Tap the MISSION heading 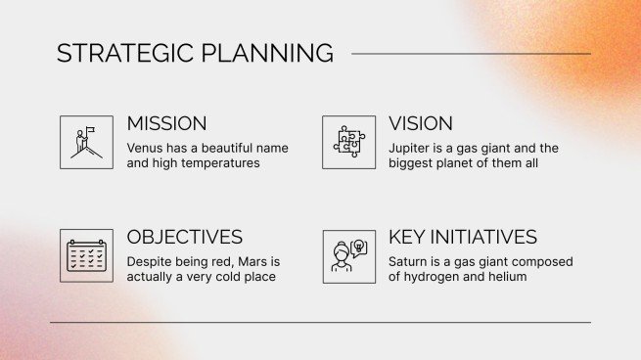pyautogui.click(x=166, y=124)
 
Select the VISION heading pyautogui.click(x=421, y=124)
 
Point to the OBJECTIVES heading pyautogui.click(x=185, y=238)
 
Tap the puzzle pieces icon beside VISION pyautogui.click(x=348, y=143)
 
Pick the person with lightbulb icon pyautogui.click(x=348, y=256)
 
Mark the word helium pyautogui.click(x=509, y=277)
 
